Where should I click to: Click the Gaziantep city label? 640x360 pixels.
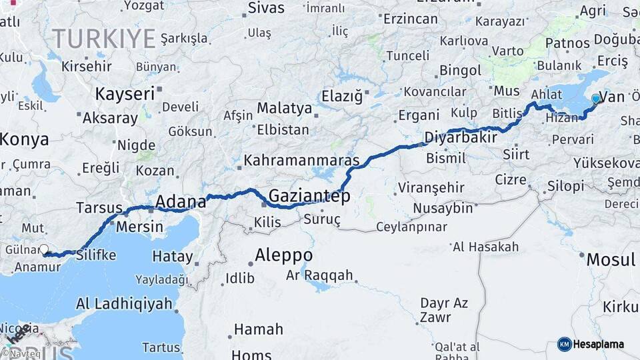coord(309,196)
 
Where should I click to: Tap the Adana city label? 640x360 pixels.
coord(179,201)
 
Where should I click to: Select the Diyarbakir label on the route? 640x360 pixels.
coord(461,138)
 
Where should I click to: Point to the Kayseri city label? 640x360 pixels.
coord(125,93)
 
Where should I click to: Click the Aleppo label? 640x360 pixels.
coord(284,255)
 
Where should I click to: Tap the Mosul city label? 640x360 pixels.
coord(611,259)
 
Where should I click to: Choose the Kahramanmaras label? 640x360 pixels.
coord(301,161)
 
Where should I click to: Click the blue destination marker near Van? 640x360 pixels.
coord(596,99)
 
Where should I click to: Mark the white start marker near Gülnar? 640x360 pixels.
coord(44,249)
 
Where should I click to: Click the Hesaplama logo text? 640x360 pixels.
coord(599,344)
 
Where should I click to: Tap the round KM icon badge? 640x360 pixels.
coord(565,344)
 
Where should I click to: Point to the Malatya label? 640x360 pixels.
coord(285,108)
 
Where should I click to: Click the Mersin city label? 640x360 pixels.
coord(139,227)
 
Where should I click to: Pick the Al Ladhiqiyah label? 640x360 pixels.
coord(124,304)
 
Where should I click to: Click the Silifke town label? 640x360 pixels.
coord(97,255)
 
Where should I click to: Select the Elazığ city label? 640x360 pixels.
coord(342,96)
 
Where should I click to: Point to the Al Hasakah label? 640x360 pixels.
coord(485,247)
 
